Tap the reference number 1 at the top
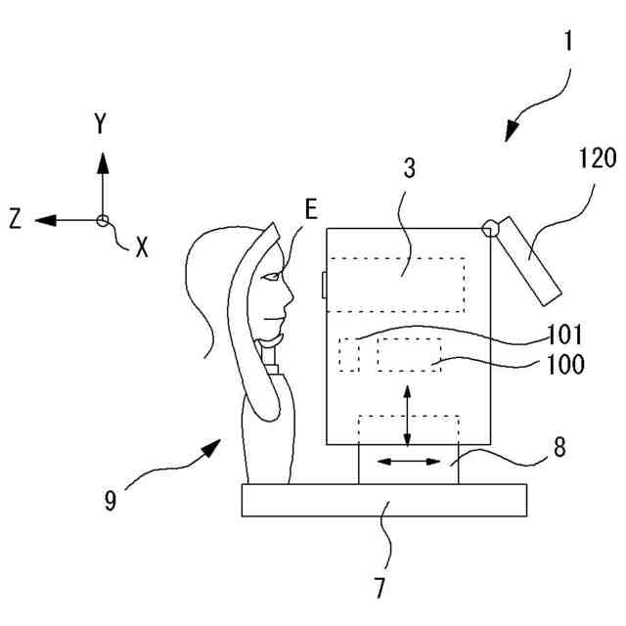(569, 43)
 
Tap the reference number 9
(110, 502)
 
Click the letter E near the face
(311, 209)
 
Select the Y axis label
(101, 124)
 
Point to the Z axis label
(16, 220)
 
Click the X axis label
(141, 248)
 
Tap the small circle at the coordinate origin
(102, 220)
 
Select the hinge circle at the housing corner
(491, 230)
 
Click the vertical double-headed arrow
(408, 416)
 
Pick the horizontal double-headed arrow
(408, 460)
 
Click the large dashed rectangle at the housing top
(396, 284)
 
